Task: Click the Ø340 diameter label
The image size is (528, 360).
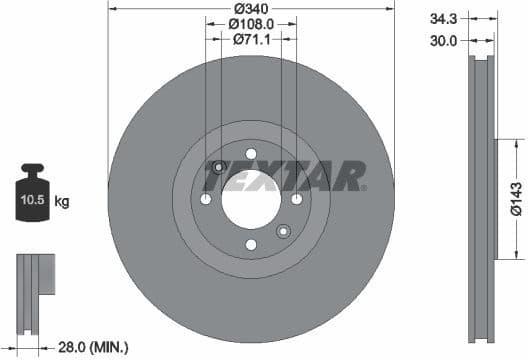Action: click(x=251, y=9)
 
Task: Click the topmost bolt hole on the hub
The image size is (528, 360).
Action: click(x=251, y=154)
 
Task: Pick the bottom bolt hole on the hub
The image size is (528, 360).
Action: click(x=251, y=245)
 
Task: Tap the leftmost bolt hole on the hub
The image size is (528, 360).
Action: click(x=206, y=199)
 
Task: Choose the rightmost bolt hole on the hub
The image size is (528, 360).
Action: click(x=297, y=199)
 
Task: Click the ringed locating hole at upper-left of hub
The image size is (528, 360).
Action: click(x=219, y=167)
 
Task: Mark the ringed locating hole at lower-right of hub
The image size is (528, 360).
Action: click(x=283, y=231)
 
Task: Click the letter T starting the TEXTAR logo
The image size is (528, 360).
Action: click(x=214, y=179)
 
